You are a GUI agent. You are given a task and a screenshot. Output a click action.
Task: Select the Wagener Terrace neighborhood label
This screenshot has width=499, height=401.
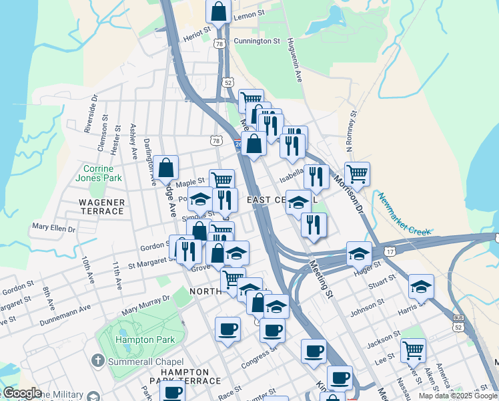tap(101, 207)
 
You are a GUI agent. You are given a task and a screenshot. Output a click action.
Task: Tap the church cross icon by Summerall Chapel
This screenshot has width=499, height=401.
tap(98, 362)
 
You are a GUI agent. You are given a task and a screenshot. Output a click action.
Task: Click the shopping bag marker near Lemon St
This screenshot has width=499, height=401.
tap(218, 11)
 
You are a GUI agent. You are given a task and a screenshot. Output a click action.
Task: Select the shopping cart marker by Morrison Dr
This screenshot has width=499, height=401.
tap(358, 174)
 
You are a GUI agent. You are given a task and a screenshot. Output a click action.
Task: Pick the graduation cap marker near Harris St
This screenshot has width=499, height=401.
tap(421, 285)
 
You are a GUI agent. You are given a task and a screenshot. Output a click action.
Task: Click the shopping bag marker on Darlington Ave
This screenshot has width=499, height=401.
tap(166, 167)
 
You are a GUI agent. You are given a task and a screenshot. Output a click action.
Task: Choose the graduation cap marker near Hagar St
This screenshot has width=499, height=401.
tap(359, 253)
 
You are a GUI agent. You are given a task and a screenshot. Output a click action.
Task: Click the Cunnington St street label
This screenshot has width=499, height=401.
tap(257, 41)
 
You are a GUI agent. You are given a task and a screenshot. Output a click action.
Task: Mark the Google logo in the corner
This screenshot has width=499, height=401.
tap(23, 393)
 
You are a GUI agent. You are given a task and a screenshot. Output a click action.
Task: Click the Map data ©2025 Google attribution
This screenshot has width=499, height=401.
tap(457, 396)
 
